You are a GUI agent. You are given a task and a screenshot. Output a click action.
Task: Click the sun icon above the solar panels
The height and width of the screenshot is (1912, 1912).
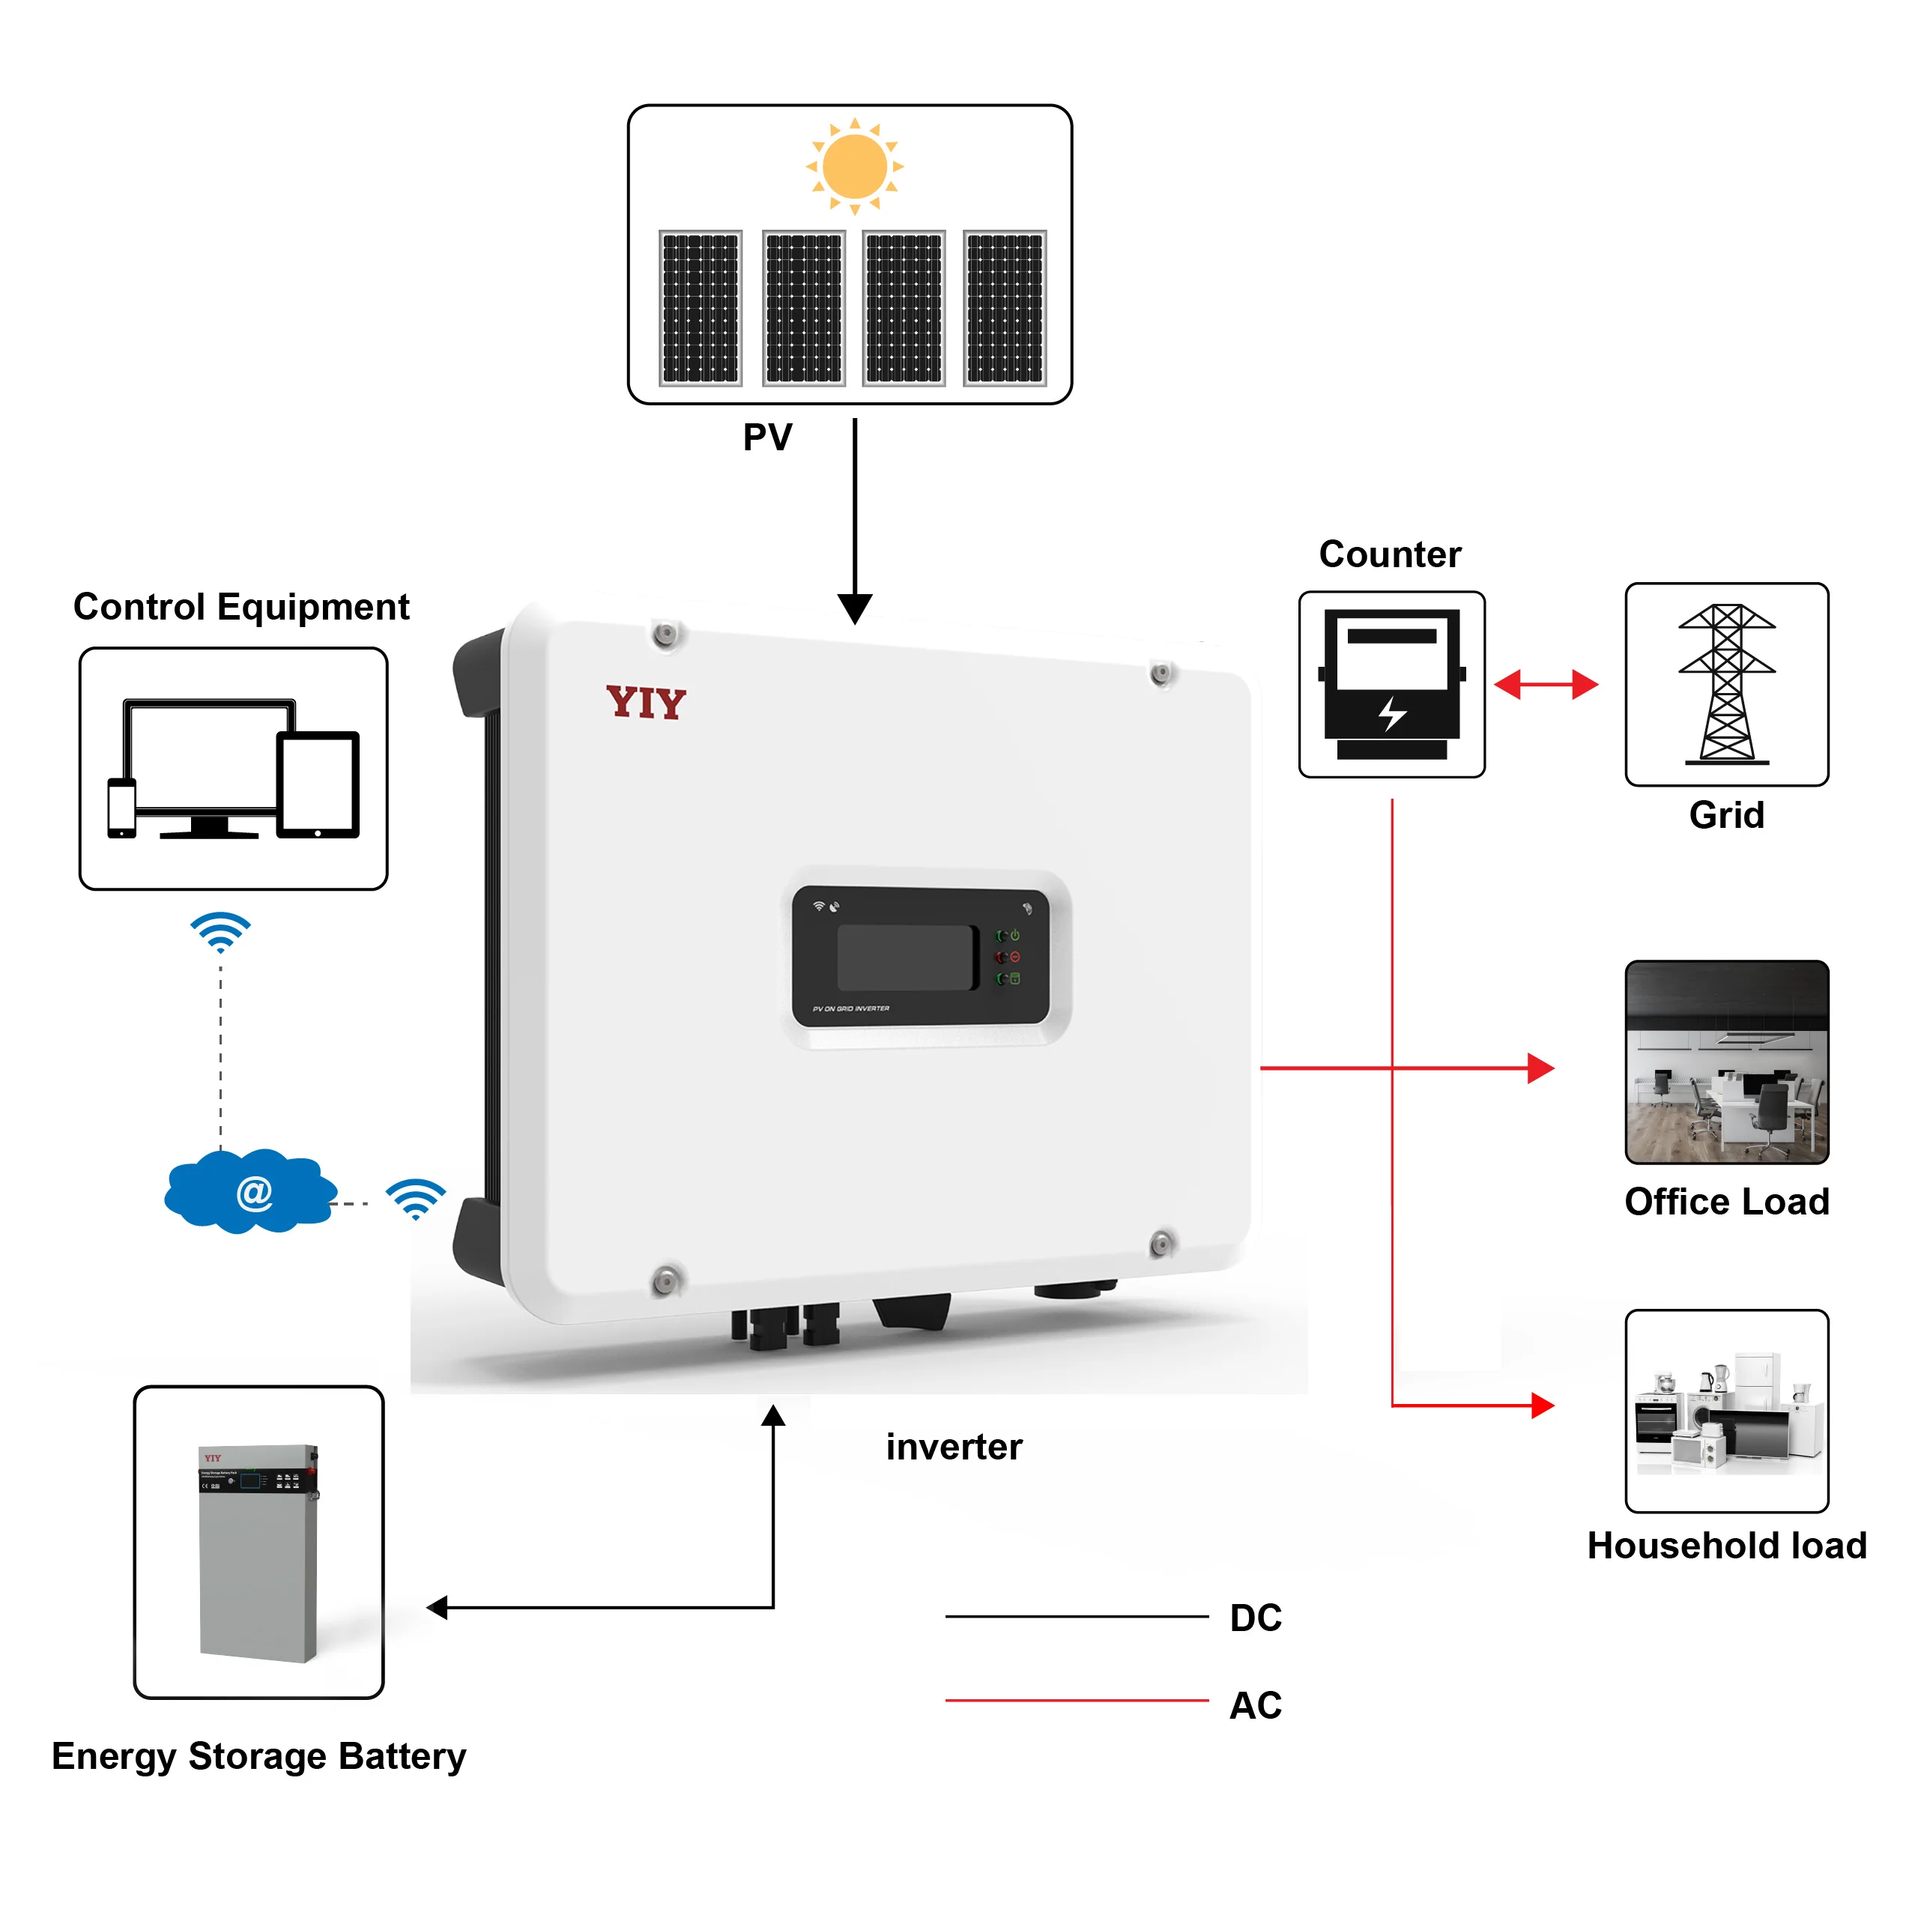pyautogui.click(x=854, y=166)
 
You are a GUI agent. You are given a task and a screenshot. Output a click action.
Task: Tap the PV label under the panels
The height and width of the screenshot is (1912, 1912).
pyautogui.click(x=767, y=438)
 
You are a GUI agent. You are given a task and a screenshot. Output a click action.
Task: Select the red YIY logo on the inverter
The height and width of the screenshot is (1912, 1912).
pyautogui.click(x=645, y=702)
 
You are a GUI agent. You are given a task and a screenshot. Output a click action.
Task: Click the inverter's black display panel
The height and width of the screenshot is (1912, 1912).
pyautogui.click(x=920, y=956)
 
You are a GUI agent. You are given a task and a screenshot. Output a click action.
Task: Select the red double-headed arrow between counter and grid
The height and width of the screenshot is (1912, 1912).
pyautogui.click(x=1545, y=684)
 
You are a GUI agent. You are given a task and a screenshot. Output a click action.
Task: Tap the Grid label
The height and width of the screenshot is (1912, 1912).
pyautogui.click(x=1726, y=815)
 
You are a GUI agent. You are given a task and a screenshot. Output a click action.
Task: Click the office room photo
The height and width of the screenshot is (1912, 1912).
pyautogui.click(x=1726, y=1062)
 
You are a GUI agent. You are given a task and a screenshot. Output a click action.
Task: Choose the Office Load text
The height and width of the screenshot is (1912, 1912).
pyautogui.click(x=1726, y=1202)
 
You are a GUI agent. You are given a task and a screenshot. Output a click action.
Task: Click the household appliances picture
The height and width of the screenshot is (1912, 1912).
pyautogui.click(x=1726, y=1410)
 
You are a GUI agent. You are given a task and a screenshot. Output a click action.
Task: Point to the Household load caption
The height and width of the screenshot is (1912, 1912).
pyautogui.click(x=1726, y=1546)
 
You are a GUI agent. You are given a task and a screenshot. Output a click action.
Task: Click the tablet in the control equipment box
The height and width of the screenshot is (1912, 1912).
pyautogui.click(x=318, y=784)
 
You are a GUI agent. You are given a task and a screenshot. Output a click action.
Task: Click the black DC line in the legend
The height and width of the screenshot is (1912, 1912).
pyautogui.click(x=1077, y=1616)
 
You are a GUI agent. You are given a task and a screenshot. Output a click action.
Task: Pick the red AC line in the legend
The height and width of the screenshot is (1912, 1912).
pyautogui.click(x=1077, y=1700)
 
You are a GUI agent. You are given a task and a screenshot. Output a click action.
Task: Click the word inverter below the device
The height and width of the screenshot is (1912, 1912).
pyautogui.click(x=953, y=1447)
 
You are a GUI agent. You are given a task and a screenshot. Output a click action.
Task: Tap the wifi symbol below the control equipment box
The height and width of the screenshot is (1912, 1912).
pyautogui.click(x=220, y=931)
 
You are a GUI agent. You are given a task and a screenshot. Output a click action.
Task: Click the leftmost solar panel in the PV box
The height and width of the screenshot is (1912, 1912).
pyautogui.click(x=701, y=308)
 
